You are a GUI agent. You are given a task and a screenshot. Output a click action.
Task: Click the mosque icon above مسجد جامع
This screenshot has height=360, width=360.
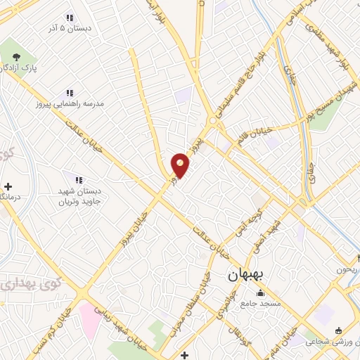(x=261, y=293)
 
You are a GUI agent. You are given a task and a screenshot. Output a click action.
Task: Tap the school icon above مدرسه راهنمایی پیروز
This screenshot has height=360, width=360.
(x=70, y=92)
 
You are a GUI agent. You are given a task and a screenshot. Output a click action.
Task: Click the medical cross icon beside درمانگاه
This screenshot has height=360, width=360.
(x=8, y=187)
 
